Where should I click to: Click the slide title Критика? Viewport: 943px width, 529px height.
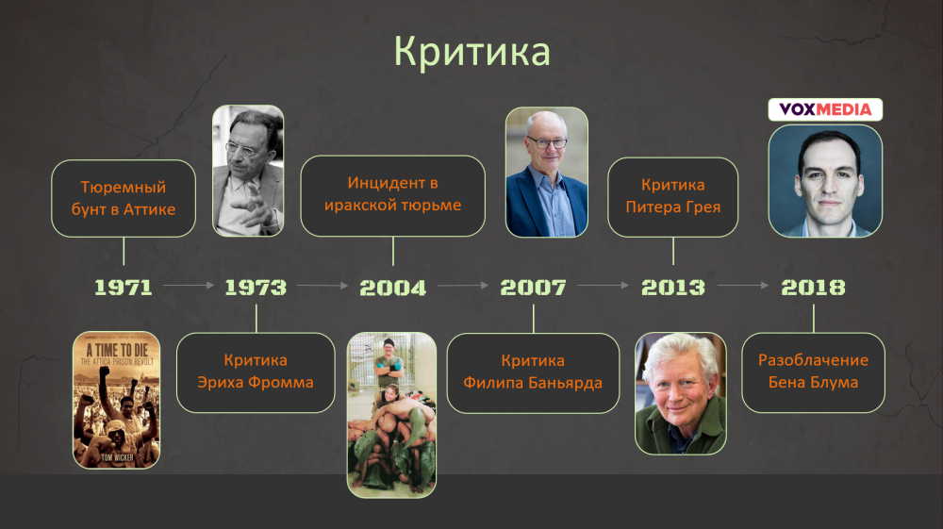[472, 52]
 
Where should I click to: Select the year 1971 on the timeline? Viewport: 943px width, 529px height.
[124, 288]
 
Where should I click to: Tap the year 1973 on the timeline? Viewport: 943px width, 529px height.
[256, 288]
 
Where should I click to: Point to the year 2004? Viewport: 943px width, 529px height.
[392, 288]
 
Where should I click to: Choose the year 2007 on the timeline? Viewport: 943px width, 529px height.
[534, 288]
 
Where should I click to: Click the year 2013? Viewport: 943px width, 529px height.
[673, 288]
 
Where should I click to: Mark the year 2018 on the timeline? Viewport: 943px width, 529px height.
[813, 288]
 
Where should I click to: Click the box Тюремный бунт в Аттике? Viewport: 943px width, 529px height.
[124, 198]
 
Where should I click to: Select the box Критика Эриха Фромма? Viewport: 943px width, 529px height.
[256, 372]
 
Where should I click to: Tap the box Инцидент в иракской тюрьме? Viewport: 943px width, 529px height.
[392, 196]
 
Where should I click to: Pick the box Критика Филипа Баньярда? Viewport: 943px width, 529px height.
[533, 373]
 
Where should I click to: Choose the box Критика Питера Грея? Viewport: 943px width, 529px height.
[673, 197]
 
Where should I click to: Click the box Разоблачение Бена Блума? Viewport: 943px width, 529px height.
[813, 372]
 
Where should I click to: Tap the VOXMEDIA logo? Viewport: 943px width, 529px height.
[825, 109]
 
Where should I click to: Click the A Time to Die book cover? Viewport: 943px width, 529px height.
[117, 400]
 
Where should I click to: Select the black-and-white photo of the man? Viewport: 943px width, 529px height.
[248, 171]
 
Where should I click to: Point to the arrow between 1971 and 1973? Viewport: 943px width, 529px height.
[189, 285]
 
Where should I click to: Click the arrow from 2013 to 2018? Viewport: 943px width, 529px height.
[743, 285]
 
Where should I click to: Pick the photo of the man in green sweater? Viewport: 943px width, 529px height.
[681, 393]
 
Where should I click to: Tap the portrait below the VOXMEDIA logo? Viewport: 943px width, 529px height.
[825, 181]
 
